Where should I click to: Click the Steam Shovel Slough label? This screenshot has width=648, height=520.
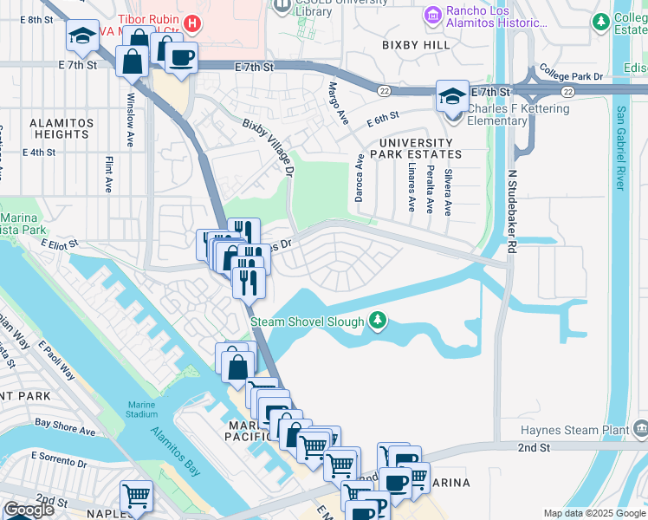click(x=307, y=322)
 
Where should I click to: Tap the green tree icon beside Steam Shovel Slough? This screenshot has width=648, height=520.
click(x=377, y=321)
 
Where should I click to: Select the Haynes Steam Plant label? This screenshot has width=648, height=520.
click(x=571, y=430)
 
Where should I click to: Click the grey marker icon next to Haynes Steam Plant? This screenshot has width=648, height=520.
click(x=639, y=428)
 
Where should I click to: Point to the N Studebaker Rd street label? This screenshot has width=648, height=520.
click(x=511, y=208)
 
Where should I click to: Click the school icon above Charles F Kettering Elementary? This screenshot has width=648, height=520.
click(x=452, y=94)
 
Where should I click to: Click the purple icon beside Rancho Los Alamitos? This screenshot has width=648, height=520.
click(x=432, y=15)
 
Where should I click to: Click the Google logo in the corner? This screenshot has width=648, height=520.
click(x=29, y=510)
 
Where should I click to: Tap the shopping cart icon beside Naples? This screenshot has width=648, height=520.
click(x=136, y=496)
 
